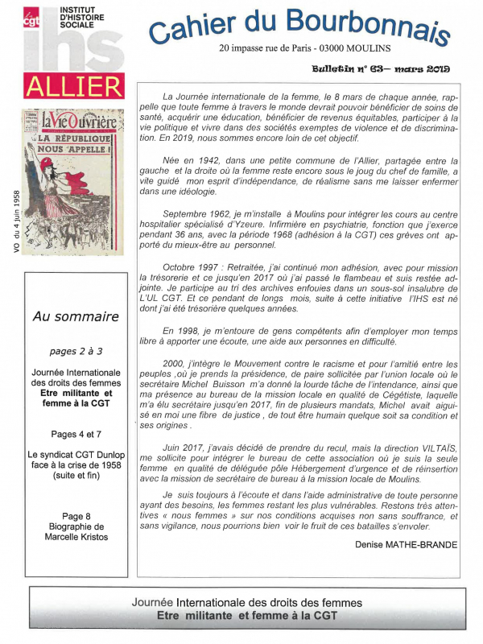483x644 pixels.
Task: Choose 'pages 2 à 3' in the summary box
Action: click(x=75, y=352)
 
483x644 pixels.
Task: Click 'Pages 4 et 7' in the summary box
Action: click(x=75, y=434)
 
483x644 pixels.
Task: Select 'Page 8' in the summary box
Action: click(x=75, y=516)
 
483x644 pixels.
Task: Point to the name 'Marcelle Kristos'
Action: click(x=75, y=537)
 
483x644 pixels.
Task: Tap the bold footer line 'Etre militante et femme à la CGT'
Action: click(x=247, y=616)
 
